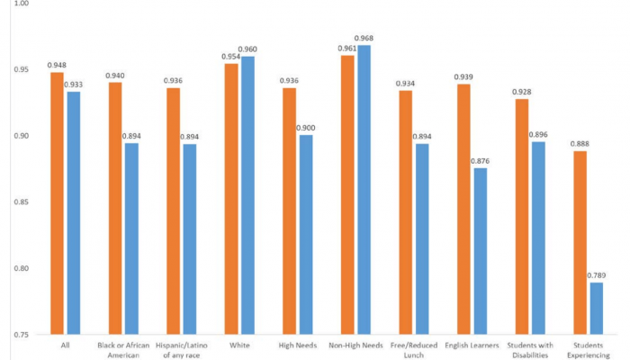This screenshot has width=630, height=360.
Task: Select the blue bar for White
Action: (x=247, y=195)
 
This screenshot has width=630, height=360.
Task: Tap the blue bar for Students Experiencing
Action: (x=597, y=309)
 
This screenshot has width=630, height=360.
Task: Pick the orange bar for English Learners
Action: (x=463, y=209)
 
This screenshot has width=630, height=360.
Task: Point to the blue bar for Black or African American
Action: (x=131, y=238)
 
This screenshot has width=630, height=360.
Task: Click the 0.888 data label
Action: (x=580, y=144)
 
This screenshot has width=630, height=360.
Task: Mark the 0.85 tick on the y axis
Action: (x=19, y=202)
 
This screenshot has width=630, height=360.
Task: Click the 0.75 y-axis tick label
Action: (x=19, y=335)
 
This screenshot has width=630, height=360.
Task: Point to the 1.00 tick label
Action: (x=19, y=4)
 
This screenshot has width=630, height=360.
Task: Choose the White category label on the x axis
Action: (x=238, y=344)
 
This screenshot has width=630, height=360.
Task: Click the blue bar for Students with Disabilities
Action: (x=538, y=238)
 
